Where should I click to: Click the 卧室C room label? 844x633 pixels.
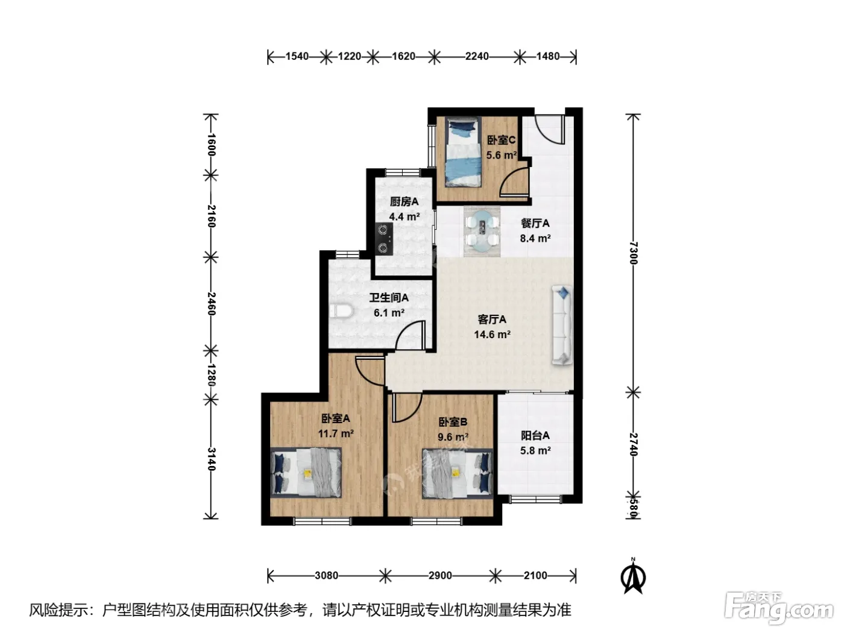tap(501, 140)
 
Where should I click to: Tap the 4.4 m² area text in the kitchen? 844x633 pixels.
tap(404, 217)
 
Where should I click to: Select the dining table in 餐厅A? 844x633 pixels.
tap(482, 231)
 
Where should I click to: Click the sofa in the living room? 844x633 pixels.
tap(562, 325)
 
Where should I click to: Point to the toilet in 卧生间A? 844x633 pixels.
tap(341, 311)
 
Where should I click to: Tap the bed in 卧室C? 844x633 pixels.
tap(464, 152)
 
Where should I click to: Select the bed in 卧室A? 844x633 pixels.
tap(306, 473)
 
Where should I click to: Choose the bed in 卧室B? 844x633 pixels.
tap(458, 474)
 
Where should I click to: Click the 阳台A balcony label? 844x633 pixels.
tap(535, 435)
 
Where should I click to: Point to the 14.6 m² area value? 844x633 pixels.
tap(492, 335)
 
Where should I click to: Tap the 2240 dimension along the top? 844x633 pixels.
tap(477, 57)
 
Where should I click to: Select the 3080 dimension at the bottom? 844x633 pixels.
tap(327, 575)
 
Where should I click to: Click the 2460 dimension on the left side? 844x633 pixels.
tap(211, 304)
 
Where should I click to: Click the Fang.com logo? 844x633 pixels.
tap(779, 608)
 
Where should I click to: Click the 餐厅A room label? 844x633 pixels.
tap(535, 223)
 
